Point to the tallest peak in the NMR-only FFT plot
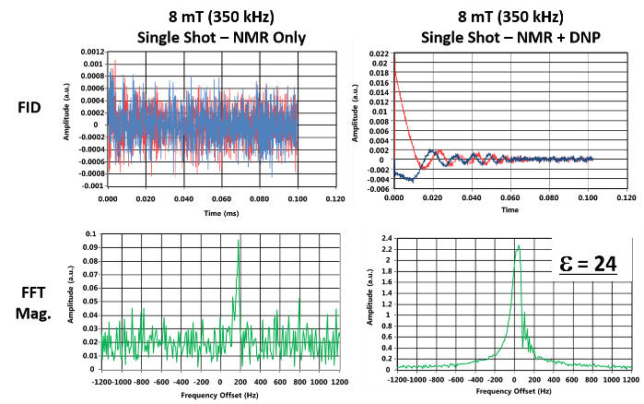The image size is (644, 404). click(x=239, y=241)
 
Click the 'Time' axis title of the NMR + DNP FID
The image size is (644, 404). click(x=509, y=209)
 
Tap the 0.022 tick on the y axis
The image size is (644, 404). click(x=378, y=54)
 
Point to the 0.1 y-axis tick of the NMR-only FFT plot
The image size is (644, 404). click(x=93, y=235)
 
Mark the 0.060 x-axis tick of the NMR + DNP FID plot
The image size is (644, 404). click(x=509, y=197)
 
